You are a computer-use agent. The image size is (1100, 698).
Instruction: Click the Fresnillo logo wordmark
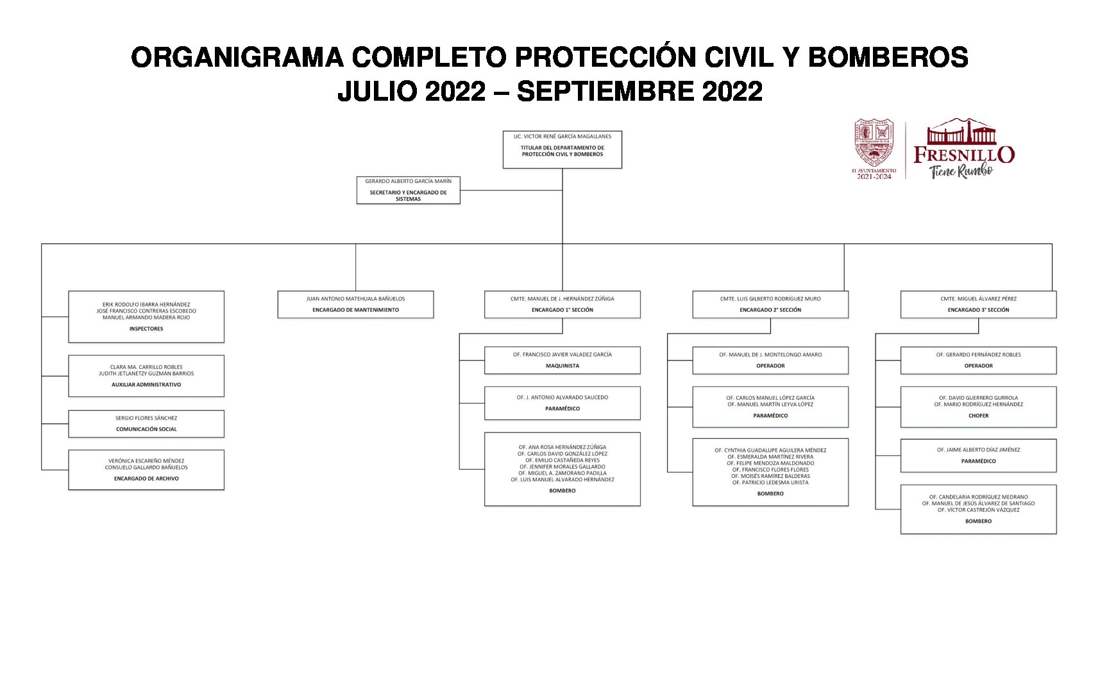[x=963, y=155]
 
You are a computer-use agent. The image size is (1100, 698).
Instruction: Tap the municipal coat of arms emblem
[x=873, y=142]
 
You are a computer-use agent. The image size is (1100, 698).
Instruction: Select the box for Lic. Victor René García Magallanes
[x=562, y=149]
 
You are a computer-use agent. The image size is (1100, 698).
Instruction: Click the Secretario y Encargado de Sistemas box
[x=408, y=190]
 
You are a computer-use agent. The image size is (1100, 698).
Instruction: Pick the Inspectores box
[x=146, y=317]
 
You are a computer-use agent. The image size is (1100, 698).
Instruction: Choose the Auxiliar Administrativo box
[x=146, y=376]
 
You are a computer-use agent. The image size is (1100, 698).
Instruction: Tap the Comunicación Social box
[x=146, y=424]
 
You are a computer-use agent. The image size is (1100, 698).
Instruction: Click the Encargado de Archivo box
[x=146, y=470]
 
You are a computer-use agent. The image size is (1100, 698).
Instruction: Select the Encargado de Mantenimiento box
[x=355, y=305]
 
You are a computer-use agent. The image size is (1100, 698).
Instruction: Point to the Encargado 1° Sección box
[x=562, y=305]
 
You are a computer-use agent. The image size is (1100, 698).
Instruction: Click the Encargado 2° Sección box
[x=770, y=305]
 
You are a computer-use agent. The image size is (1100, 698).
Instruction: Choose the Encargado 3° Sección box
[x=978, y=305]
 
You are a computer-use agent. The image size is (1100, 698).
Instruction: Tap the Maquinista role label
[x=562, y=366]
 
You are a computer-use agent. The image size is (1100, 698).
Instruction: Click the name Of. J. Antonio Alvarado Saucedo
[x=562, y=397]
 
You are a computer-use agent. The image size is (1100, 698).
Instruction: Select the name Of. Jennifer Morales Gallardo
[x=562, y=466]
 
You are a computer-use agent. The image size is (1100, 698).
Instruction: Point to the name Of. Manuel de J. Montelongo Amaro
[x=770, y=354]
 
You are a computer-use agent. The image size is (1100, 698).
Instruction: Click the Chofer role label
[x=978, y=416]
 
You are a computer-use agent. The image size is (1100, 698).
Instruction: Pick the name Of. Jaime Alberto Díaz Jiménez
[x=978, y=450]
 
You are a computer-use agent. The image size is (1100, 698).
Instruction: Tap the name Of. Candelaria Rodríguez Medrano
[x=978, y=497]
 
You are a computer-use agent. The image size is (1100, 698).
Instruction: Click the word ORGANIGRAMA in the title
[x=237, y=58]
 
